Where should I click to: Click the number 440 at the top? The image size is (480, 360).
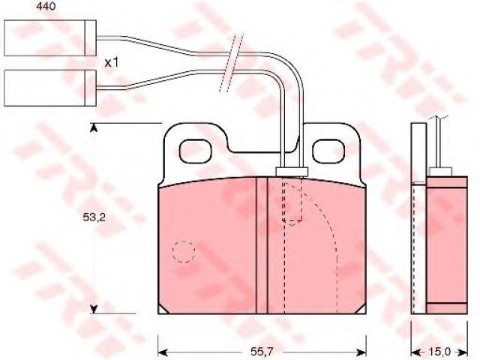point(46,6)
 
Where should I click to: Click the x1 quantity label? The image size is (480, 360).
point(111,63)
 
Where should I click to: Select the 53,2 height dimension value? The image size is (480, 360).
point(94,217)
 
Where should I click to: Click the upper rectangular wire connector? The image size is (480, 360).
point(50,38)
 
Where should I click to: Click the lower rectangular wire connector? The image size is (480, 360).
point(50,88)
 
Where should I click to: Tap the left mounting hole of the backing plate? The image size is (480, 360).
point(195,151)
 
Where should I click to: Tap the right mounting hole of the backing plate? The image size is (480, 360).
point(328,151)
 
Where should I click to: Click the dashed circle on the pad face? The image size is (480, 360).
point(184,252)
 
